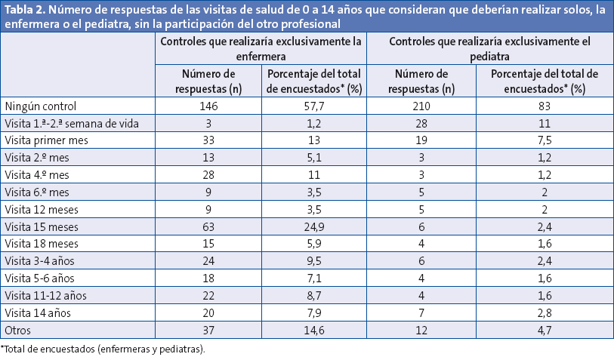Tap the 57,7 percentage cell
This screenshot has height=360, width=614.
click(x=313, y=107)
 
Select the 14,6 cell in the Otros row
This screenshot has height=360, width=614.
click(x=313, y=330)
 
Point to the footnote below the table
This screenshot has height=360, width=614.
click(x=103, y=349)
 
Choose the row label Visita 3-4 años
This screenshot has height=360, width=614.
click(x=39, y=260)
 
